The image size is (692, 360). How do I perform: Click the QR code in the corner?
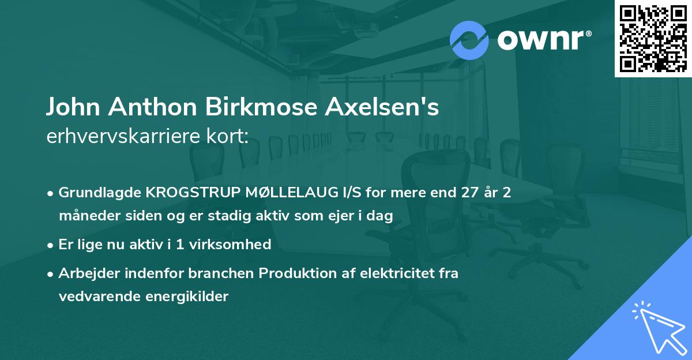click(x=652, y=39)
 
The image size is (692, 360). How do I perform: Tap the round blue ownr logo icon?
click(x=469, y=40)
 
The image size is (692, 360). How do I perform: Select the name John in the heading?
click(x=74, y=108)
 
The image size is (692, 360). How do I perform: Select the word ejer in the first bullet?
click(x=337, y=216)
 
